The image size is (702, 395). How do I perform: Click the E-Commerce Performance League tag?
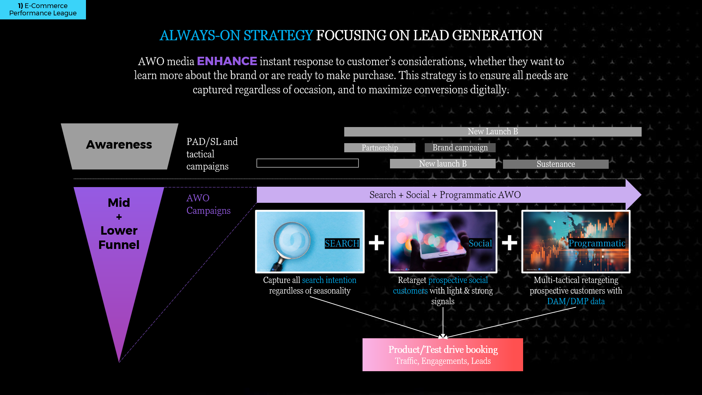click(x=43, y=10)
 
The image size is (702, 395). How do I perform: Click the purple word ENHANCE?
click(x=227, y=61)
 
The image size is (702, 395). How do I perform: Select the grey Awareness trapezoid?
click(x=119, y=146)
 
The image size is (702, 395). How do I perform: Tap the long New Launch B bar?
click(x=493, y=132)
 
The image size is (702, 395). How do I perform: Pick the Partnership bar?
click(x=380, y=148)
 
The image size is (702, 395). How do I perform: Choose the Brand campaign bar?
click(x=460, y=148)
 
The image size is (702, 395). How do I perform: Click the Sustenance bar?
click(x=556, y=164)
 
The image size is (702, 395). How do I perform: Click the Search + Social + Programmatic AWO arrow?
click(x=449, y=195)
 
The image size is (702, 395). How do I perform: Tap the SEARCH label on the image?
click(x=342, y=243)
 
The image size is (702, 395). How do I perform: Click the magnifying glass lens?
click(x=292, y=241)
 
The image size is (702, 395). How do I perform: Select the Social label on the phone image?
click(x=480, y=243)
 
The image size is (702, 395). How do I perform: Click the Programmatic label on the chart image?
click(x=597, y=243)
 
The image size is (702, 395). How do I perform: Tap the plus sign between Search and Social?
click(x=376, y=243)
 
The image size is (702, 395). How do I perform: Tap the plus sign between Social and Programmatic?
click(x=510, y=243)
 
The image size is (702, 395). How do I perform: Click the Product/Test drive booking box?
click(x=443, y=355)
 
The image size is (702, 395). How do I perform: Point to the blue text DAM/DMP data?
click(x=576, y=301)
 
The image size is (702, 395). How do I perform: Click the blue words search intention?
click(x=329, y=280)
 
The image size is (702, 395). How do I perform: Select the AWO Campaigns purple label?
click(x=209, y=204)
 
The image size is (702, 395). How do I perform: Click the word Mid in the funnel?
click(x=119, y=202)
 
